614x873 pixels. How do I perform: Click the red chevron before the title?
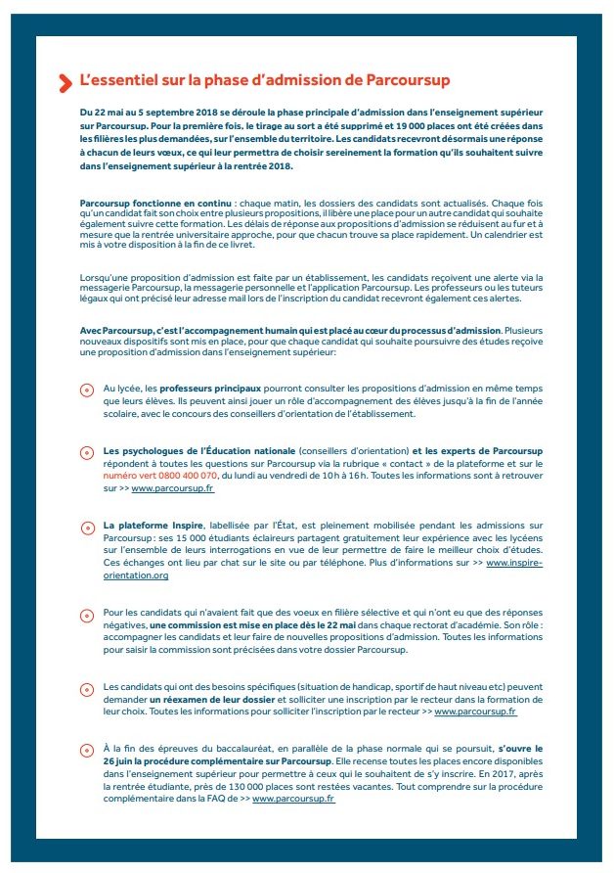(x=66, y=83)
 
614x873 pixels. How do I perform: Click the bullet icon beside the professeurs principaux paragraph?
(x=85, y=390)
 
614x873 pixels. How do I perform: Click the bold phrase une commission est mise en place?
(x=224, y=625)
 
